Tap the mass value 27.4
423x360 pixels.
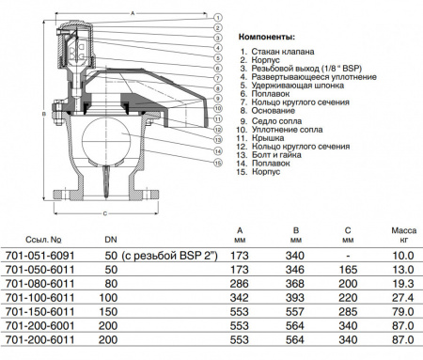(x=403, y=295)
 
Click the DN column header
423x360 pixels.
(x=110, y=241)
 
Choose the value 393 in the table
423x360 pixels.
(x=296, y=295)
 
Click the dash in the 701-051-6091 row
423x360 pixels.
(x=349, y=255)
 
